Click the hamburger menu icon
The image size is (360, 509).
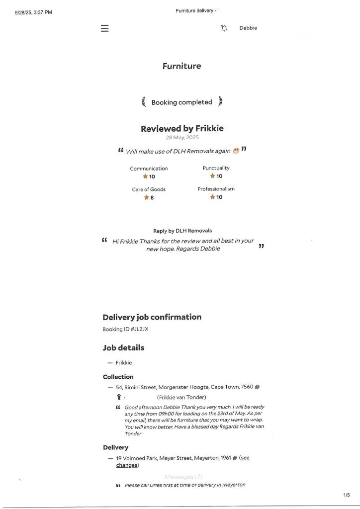click(x=104, y=28)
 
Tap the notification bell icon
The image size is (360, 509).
click(x=224, y=28)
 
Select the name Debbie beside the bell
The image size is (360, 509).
click(x=248, y=28)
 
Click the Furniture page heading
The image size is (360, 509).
click(x=181, y=66)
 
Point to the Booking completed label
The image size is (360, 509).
click(x=181, y=102)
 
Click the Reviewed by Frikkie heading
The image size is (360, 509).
click(x=182, y=128)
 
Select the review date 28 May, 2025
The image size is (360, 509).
click(x=182, y=138)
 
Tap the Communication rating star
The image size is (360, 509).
click(x=145, y=176)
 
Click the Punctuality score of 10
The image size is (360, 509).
click(x=219, y=176)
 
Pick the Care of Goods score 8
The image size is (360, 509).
click(x=152, y=197)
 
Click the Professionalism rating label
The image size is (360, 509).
click(x=216, y=189)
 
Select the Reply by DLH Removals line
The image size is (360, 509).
click(x=182, y=231)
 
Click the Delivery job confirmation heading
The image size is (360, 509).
click(x=152, y=317)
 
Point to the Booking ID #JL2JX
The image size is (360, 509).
click(x=125, y=329)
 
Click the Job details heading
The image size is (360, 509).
click(x=123, y=348)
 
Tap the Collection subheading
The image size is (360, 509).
click(x=118, y=377)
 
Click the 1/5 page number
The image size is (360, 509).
click(x=347, y=495)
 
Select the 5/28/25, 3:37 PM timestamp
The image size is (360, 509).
click(x=33, y=12)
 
